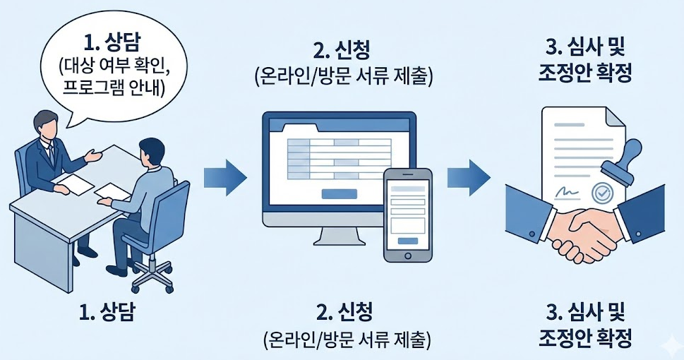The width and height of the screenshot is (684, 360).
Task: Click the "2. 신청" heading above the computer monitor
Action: [x=342, y=50]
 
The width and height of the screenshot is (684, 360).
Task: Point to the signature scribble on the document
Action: [x=567, y=192]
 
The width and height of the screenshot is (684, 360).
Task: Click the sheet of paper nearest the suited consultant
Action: [x=72, y=183]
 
